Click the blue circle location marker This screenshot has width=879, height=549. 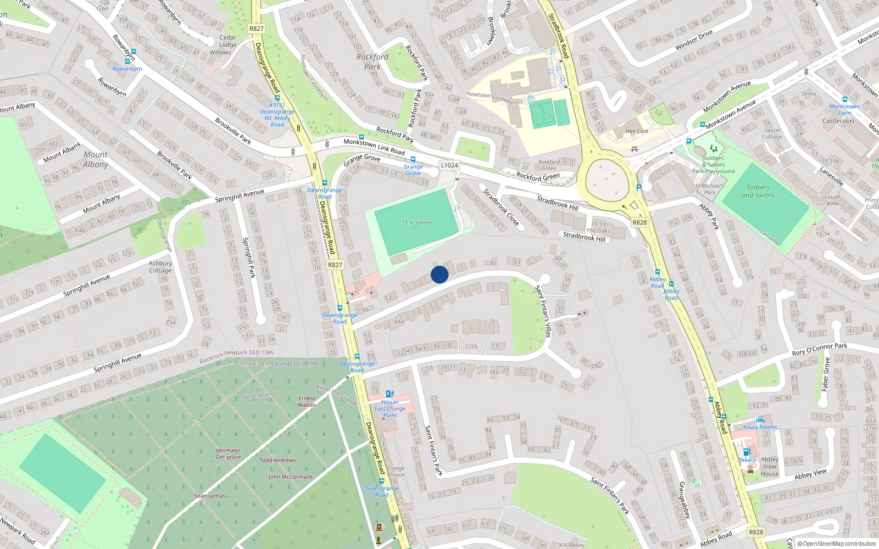point(439,274)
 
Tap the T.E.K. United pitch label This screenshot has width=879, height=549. point(416,222)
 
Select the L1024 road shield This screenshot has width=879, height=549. point(449,165)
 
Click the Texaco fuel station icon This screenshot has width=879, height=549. point(747,452)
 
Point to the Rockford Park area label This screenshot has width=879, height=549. point(372,61)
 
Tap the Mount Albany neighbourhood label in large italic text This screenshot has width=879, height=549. point(96,160)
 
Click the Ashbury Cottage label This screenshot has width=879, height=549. point(160,267)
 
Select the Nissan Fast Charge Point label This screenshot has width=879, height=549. point(390,408)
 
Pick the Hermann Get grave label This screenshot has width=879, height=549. point(228,453)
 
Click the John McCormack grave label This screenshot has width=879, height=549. point(290,477)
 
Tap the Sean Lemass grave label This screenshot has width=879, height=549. point(211,496)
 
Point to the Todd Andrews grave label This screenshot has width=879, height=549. point(277,460)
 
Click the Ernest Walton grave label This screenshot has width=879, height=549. point(307,401)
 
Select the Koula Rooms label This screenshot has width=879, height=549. point(760,427)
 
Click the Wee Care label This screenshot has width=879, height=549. point(637,131)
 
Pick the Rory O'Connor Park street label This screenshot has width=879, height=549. point(819,349)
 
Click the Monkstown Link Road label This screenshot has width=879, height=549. point(374,146)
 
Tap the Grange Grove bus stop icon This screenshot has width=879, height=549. point(413,160)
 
